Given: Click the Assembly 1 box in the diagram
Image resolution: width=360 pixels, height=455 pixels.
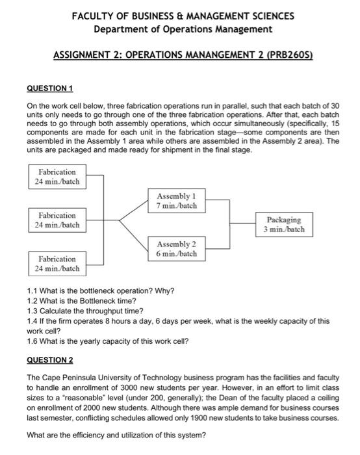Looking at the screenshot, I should (x=176, y=200).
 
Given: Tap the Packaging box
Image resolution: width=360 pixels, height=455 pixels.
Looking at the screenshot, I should (x=284, y=224).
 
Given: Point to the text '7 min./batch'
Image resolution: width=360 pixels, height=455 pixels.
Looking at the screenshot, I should (x=176, y=206).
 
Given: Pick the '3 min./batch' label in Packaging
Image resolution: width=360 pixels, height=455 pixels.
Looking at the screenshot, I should (x=284, y=229).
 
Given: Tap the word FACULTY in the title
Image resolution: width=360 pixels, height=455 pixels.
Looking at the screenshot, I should (x=95, y=16).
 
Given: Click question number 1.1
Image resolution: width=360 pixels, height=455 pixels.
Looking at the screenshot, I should (x=33, y=291).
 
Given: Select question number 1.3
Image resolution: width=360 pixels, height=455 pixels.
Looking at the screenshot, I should (x=33, y=310).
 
